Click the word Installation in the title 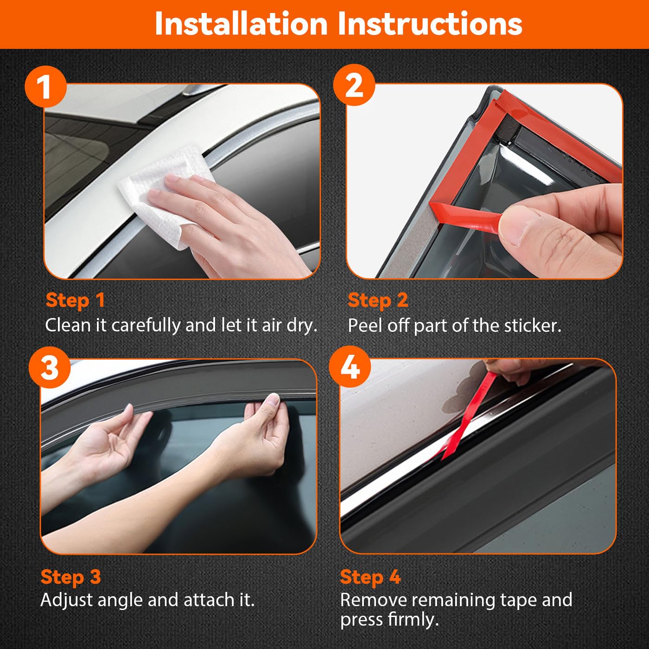(241, 24)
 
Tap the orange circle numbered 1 (45, 87)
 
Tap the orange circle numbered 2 (354, 85)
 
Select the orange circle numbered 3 (50, 369)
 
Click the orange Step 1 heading (75, 300)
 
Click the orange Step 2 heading (378, 300)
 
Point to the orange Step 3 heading (70, 577)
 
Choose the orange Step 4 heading (370, 577)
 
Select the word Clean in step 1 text (68, 325)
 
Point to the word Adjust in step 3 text (67, 600)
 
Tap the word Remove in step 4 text (373, 600)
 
